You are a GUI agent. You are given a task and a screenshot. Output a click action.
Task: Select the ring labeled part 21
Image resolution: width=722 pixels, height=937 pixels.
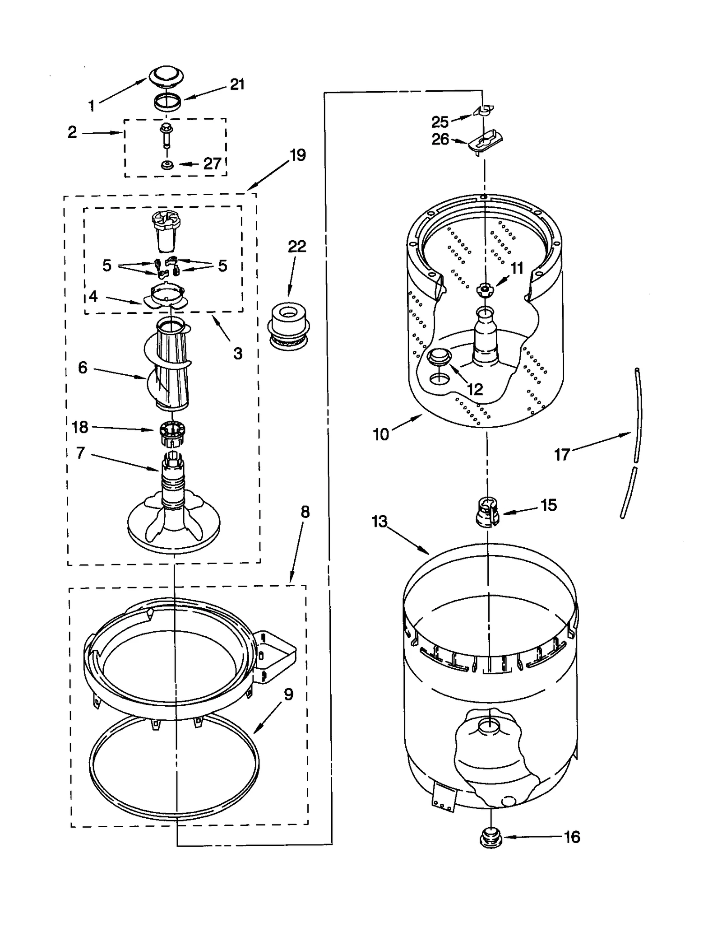click(167, 102)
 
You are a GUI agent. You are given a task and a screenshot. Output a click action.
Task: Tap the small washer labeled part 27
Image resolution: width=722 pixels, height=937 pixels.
click(168, 165)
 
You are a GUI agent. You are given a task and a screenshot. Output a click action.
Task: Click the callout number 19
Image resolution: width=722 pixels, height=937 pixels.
click(298, 155)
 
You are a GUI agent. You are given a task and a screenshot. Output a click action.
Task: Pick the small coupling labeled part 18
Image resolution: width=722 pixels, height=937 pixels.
click(172, 432)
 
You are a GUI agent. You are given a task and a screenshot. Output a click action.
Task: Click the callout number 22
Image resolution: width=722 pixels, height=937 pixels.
click(297, 247)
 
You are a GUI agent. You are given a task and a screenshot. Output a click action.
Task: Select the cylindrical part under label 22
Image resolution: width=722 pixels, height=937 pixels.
click(289, 325)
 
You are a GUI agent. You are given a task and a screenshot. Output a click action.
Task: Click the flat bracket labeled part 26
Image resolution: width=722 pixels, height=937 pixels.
click(486, 141)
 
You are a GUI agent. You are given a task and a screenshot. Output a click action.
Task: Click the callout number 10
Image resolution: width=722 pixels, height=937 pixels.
click(381, 434)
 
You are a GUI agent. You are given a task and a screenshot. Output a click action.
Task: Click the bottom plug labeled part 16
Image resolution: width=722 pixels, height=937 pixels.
click(491, 838)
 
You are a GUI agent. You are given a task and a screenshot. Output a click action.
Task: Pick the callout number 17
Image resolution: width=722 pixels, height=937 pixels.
click(562, 454)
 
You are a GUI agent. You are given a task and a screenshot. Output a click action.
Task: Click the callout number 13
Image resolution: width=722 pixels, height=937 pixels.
click(380, 522)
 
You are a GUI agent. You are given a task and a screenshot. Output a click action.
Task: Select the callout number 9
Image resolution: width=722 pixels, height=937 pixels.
click(288, 694)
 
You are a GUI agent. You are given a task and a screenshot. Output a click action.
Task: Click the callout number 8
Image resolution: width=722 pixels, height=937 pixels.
click(305, 512)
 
